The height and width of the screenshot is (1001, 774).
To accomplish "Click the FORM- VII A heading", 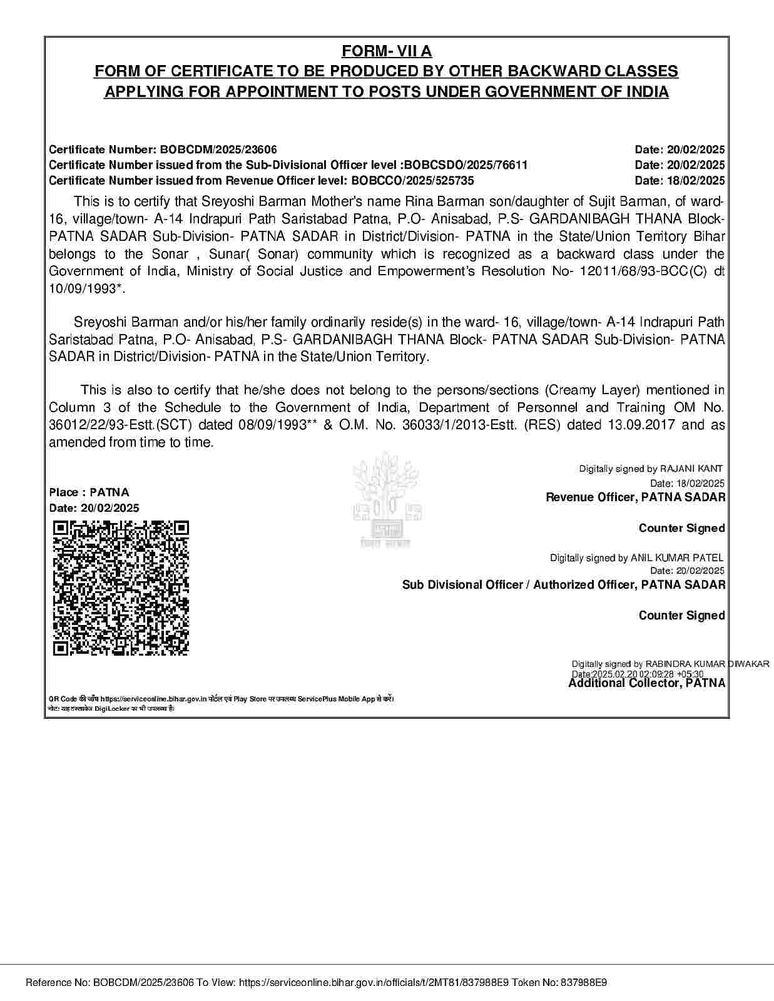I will [x=387, y=51].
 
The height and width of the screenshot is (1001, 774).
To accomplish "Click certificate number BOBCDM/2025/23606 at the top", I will [x=218, y=150].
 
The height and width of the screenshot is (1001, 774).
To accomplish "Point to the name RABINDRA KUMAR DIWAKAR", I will [x=707, y=664].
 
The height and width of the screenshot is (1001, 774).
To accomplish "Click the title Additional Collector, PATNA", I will [x=646, y=683].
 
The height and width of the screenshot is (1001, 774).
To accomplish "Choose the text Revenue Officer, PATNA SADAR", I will [x=635, y=497].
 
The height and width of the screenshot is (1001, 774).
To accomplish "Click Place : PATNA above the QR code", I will [x=89, y=492].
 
